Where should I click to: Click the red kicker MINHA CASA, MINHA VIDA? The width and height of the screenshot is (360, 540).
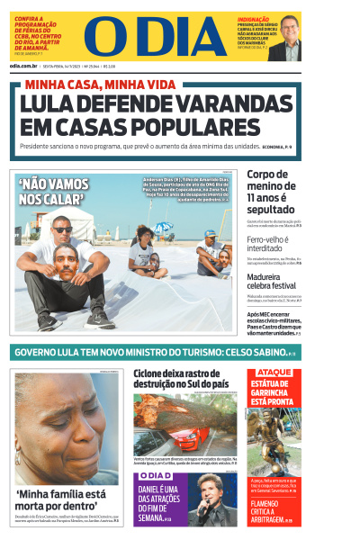coord(100,85)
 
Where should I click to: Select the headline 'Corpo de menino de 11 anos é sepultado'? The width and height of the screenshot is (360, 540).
coord(274,192)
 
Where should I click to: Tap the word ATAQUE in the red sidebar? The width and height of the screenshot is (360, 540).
coord(274,373)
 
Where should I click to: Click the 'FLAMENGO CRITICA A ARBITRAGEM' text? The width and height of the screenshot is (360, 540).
coord(274,511)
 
